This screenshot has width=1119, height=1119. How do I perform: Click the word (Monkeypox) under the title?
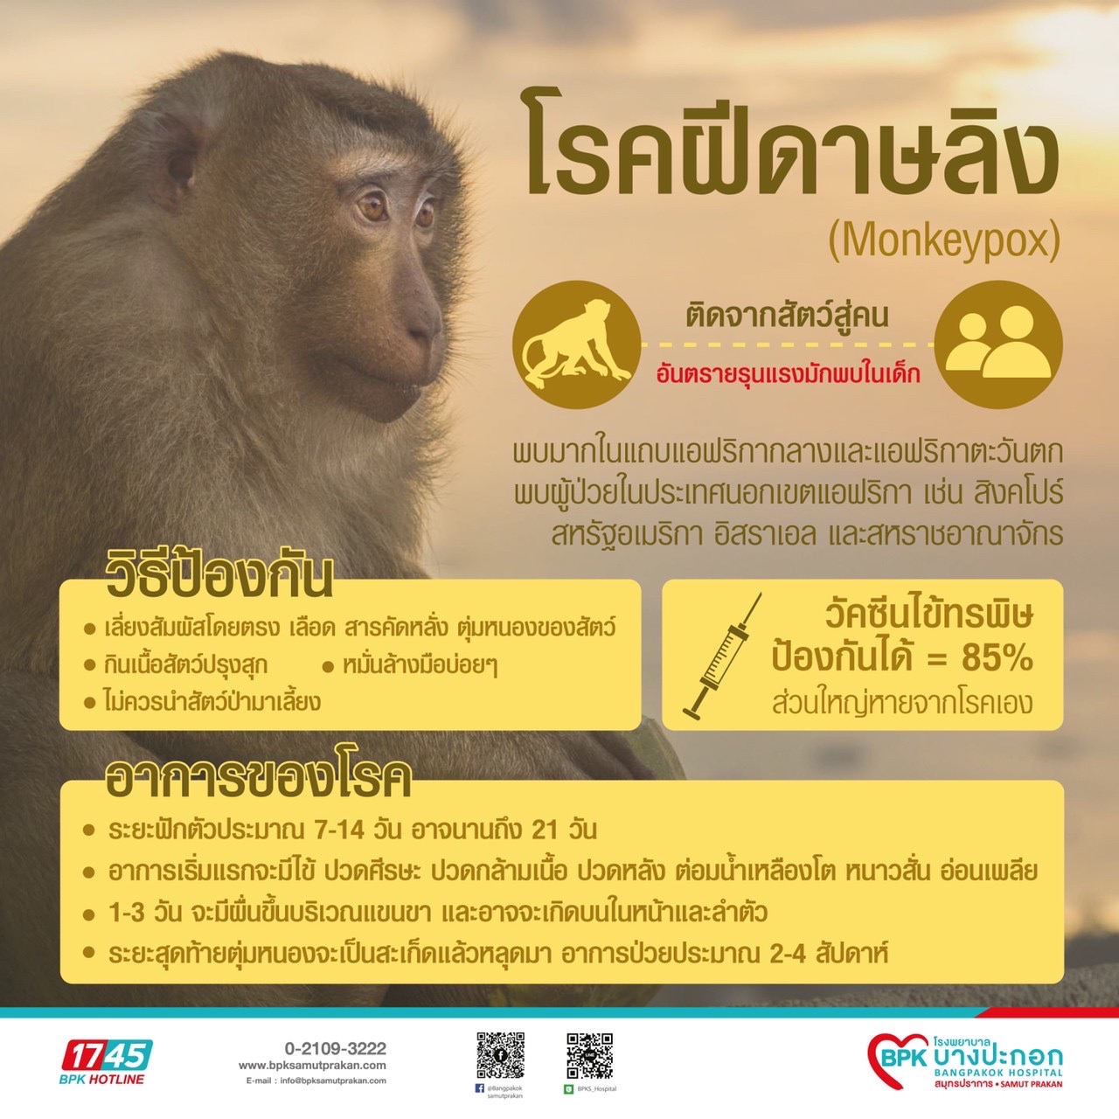(x=944, y=241)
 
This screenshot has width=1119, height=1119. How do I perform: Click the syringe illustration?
(x=722, y=657)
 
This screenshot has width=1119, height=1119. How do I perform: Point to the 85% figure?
(x=997, y=658)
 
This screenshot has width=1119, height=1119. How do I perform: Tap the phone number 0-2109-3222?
(x=335, y=1049)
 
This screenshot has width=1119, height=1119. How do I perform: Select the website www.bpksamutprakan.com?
(x=312, y=1066)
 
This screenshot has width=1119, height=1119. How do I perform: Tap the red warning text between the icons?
(x=788, y=374)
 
